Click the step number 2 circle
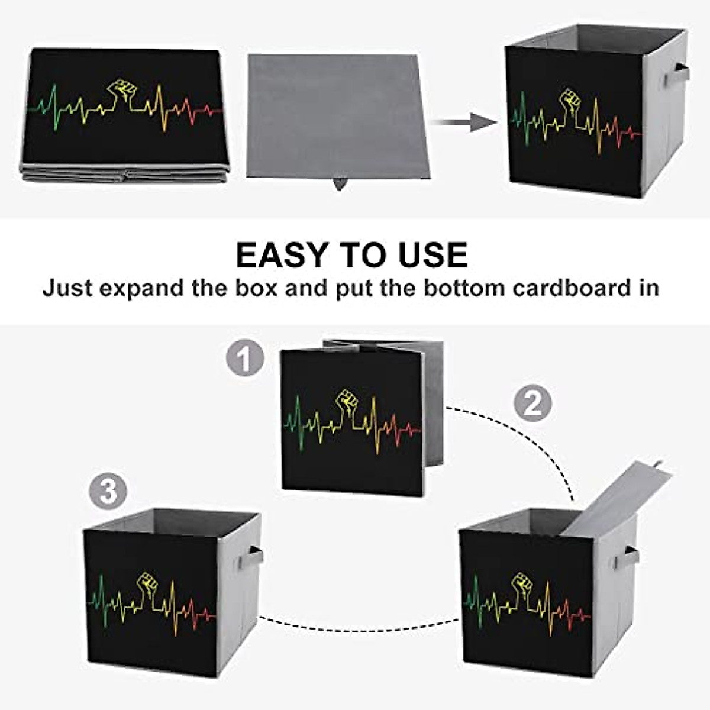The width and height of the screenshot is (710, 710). click(532, 404)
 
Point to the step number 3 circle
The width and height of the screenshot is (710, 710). click(108, 492)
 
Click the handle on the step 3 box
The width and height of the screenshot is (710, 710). click(254, 557)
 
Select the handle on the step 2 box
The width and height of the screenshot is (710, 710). click(631, 556)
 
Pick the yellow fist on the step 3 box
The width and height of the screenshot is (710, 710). click(148, 583)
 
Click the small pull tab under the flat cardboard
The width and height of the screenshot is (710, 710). click(339, 185)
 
